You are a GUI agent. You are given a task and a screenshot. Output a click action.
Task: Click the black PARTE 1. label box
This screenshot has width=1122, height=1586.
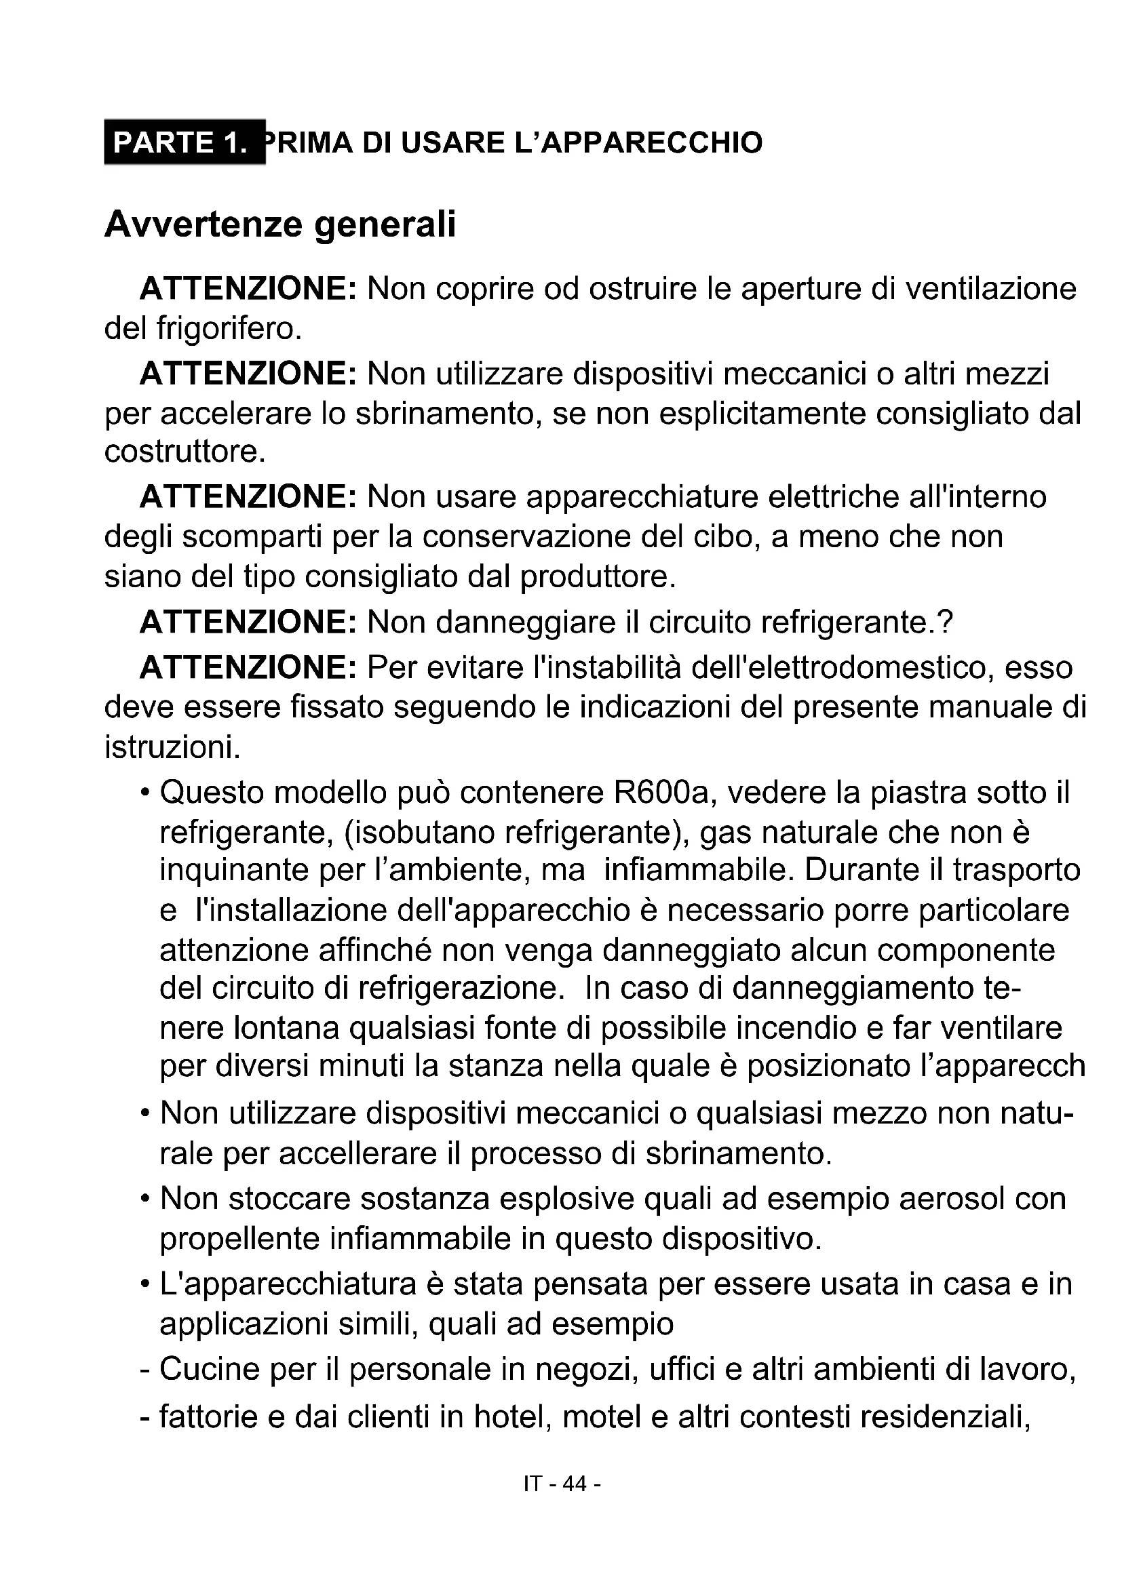(185, 142)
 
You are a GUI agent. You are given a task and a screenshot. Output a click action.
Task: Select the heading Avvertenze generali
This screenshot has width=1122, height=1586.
(279, 224)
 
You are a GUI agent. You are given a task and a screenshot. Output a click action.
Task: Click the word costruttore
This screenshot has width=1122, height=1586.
(185, 452)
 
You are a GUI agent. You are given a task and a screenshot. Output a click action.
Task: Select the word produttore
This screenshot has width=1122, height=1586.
(597, 576)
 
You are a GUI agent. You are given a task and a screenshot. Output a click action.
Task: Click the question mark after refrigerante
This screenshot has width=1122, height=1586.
(946, 622)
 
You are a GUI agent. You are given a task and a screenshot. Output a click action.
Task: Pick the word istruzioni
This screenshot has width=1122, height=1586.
(172, 747)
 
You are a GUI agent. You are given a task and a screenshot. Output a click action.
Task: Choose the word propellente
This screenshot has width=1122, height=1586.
(239, 1240)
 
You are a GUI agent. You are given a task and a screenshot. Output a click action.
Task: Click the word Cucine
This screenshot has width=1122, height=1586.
(209, 1368)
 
